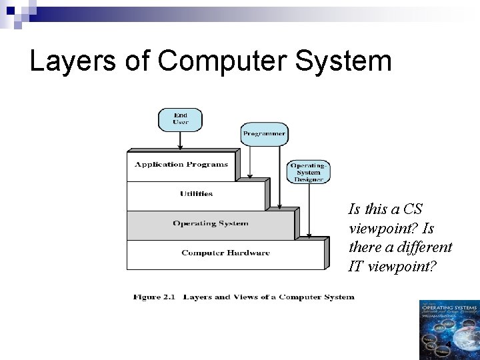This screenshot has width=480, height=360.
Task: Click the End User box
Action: point(180,119)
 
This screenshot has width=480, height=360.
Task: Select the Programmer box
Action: point(264,133)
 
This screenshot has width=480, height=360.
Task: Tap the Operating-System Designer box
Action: point(309,172)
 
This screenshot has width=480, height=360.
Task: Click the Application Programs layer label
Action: point(181,165)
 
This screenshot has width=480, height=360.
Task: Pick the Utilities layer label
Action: point(196,194)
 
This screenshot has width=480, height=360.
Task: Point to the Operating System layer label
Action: point(210,223)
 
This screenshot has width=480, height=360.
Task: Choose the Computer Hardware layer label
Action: point(225,253)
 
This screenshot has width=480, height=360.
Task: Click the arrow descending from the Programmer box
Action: point(250,160)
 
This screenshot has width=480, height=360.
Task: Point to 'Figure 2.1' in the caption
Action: point(154,297)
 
